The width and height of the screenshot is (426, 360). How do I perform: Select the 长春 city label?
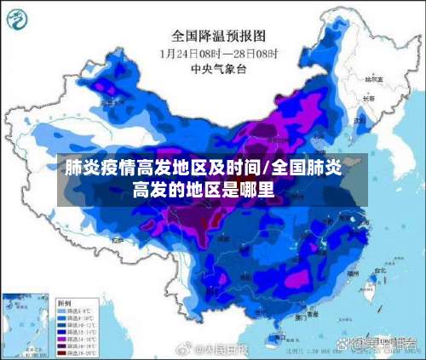pyautogui.click(x=368, y=98)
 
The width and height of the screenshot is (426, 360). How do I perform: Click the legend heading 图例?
pyautogui.click(x=64, y=302)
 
